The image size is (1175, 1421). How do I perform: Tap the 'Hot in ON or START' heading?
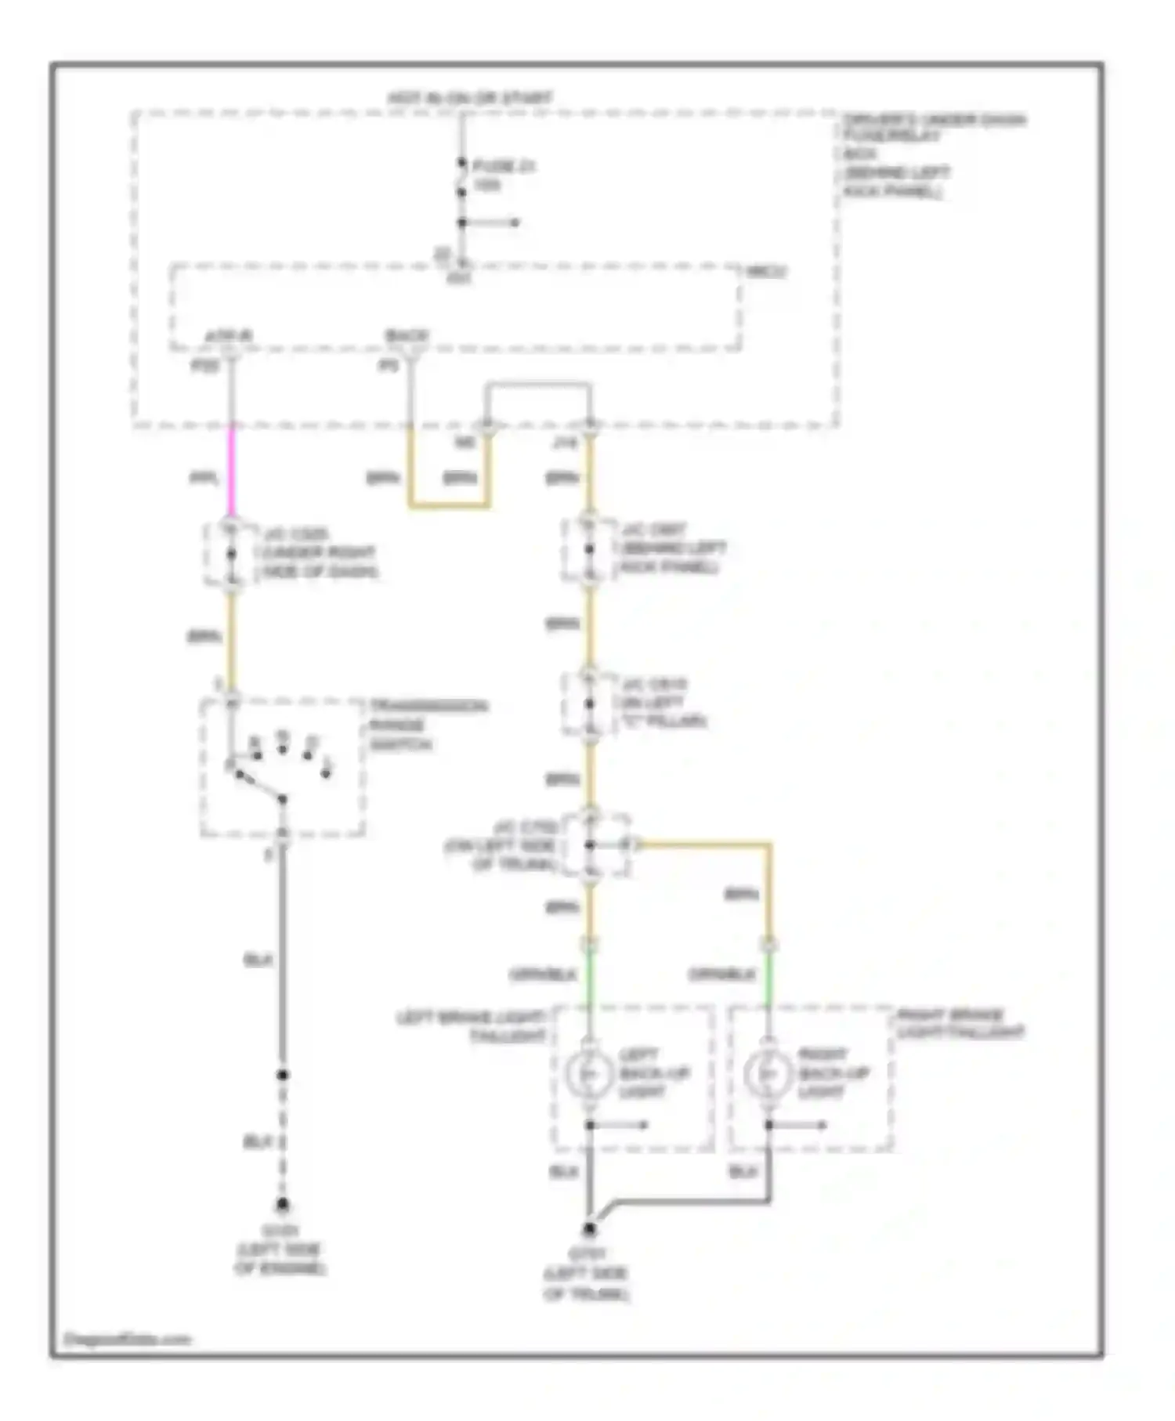(470, 99)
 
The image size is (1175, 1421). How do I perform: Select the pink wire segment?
(231, 470)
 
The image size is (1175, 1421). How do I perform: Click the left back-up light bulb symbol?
(590, 1074)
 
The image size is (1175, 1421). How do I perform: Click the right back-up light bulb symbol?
(768, 1074)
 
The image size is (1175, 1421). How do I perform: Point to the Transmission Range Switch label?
(428, 724)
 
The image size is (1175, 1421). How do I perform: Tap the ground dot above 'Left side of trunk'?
(590, 1229)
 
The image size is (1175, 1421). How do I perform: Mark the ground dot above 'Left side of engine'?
(282, 1204)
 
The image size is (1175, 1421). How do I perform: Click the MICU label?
(766, 272)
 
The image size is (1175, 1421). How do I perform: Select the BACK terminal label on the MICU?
(407, 337)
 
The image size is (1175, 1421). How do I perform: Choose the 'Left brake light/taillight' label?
(472, 1026)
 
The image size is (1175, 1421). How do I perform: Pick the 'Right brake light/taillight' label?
(960, 1024)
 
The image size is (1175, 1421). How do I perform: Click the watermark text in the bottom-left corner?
(127, 1340)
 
